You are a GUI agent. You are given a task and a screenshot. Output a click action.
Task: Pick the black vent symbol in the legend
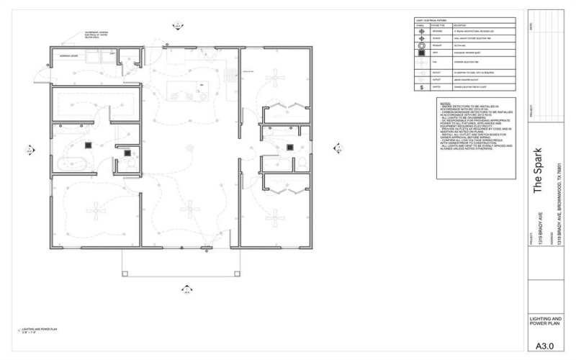[x=420, y=54]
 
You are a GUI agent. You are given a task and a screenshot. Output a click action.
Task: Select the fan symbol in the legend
[x=420, y=63]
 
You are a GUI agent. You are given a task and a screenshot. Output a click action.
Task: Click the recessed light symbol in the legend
[x=420, y=31]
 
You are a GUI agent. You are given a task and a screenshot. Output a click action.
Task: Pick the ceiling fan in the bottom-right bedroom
[x=276, y=213]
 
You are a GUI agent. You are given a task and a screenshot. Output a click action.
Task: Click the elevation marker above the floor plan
[x=175, y=24]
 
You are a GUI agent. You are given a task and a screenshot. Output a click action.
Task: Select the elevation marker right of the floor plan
[x=336, y=149]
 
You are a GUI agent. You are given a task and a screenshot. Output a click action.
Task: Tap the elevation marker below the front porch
[x=186, y=290]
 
